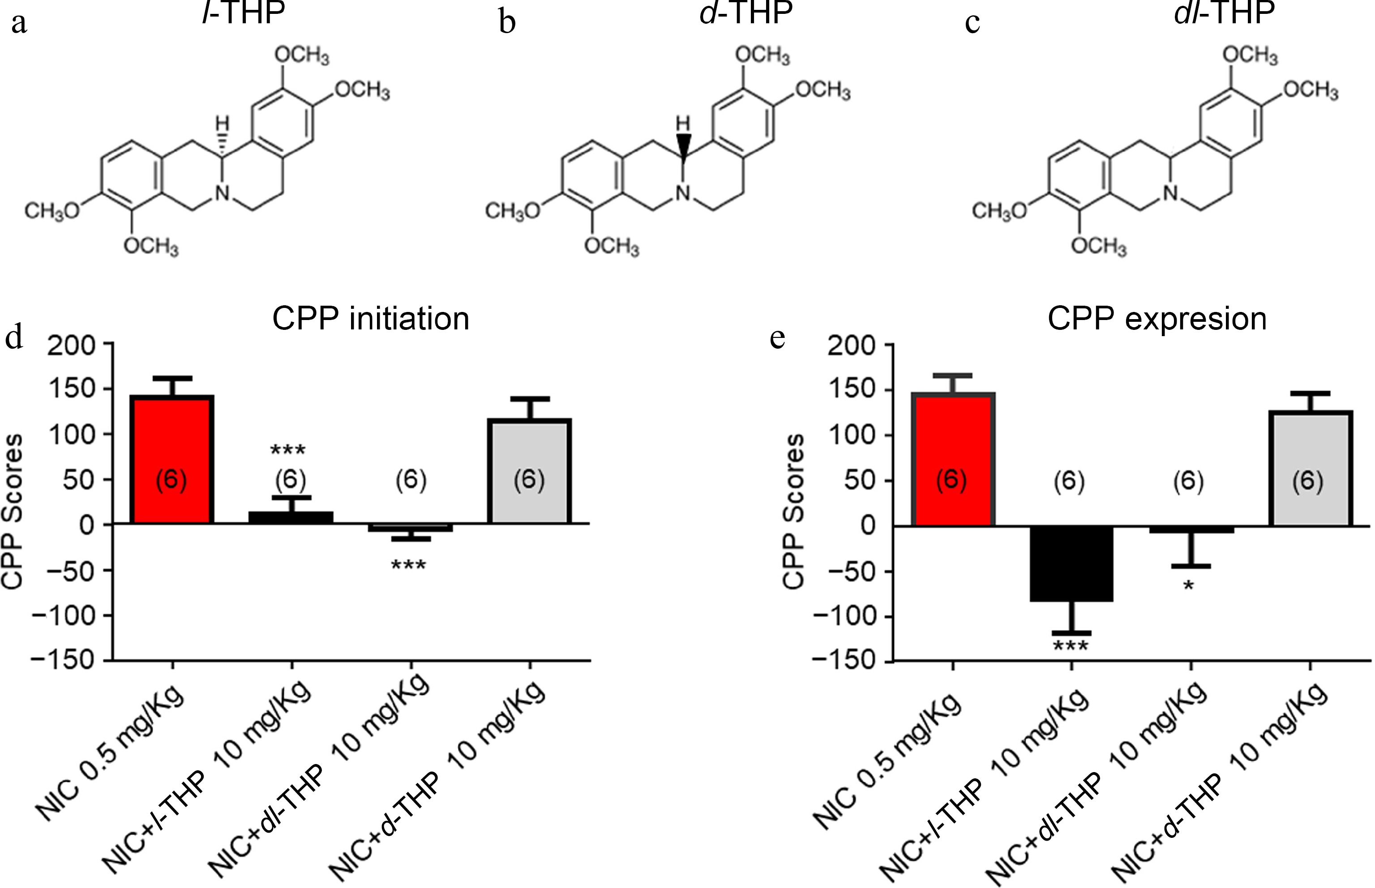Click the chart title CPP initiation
point(370,318)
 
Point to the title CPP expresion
point(1157,318)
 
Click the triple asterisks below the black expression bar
point(1071,647)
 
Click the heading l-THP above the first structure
point(244,13)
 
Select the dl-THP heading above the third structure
point(1224,13)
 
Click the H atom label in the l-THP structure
point(222,123)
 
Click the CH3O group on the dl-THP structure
point(999,212)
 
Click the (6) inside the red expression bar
point(951,480)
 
